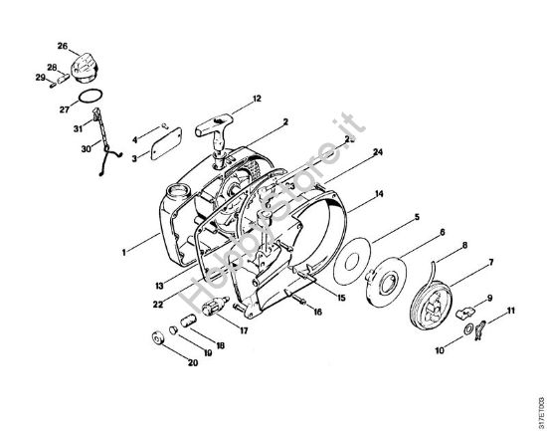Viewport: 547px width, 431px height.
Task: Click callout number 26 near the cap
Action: pyautogui.click(x=62, y=46)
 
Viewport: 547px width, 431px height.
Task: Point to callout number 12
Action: pyautogui.click(x=257, y=99)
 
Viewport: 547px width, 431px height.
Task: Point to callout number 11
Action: pyautogui.click(x=512, y=312)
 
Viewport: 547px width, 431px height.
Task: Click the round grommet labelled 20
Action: pyautogui.click(x=156, y=339)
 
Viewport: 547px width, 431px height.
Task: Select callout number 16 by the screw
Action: pyautogui.click(x=318, y=312)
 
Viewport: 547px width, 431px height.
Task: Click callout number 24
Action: pyautogui.click(x=378, y=152)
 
